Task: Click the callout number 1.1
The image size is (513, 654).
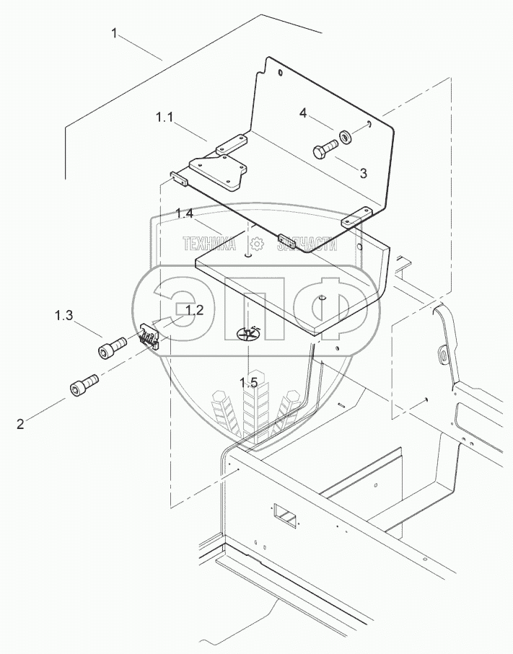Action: tap(163, 117)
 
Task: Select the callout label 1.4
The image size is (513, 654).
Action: tap(184, 214)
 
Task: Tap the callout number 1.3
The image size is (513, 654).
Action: tap(63, 315)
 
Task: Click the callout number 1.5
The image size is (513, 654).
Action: tap(250, 383)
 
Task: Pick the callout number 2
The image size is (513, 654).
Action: tap(20, 425)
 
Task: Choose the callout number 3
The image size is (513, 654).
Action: tap(363, 173)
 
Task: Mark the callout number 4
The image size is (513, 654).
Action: tap(304, 113)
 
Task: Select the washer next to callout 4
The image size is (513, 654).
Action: tap(346, 135)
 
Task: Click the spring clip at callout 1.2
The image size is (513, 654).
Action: tap(149, 337)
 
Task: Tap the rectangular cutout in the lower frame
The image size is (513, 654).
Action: tap(284, 515)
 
